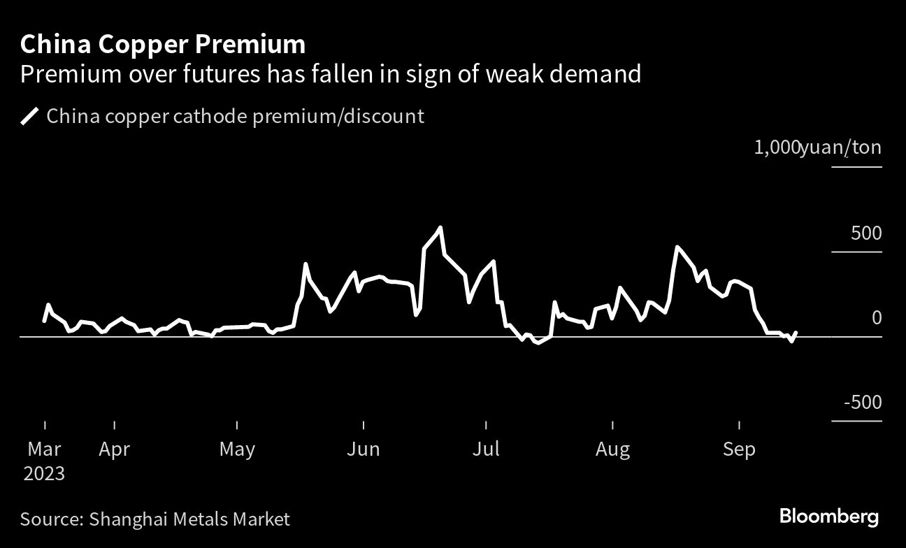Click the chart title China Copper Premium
tap(162, 45)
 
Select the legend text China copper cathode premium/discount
tap(235, 116)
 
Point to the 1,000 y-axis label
tap(776, 147)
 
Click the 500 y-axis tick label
tap(866, 233)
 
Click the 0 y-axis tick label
tap(877, 318)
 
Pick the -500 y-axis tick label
tap(862, 403)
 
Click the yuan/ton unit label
tap(841, 147)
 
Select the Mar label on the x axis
tap(44, 449)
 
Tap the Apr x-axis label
tap(113, 449)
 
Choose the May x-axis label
tap(237, 449)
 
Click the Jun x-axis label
tap(364, 449)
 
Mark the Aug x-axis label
tap(612, 449)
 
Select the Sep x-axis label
tap(739, 449)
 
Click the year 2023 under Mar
tap(44, 474)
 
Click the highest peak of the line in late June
tap(440, 227)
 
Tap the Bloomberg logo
tap(829, 517)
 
